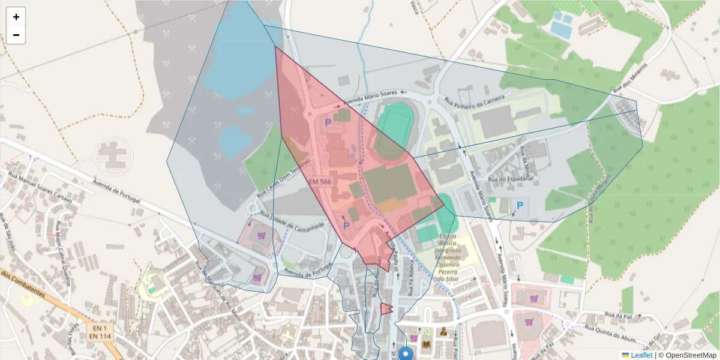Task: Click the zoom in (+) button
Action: (16, 17)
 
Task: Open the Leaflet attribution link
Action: (641, 355)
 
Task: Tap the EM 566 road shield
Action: (320, 181)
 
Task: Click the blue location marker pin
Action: (406, 353)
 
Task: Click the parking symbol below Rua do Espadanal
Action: (520, 206)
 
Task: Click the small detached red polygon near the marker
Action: (385, 309)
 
